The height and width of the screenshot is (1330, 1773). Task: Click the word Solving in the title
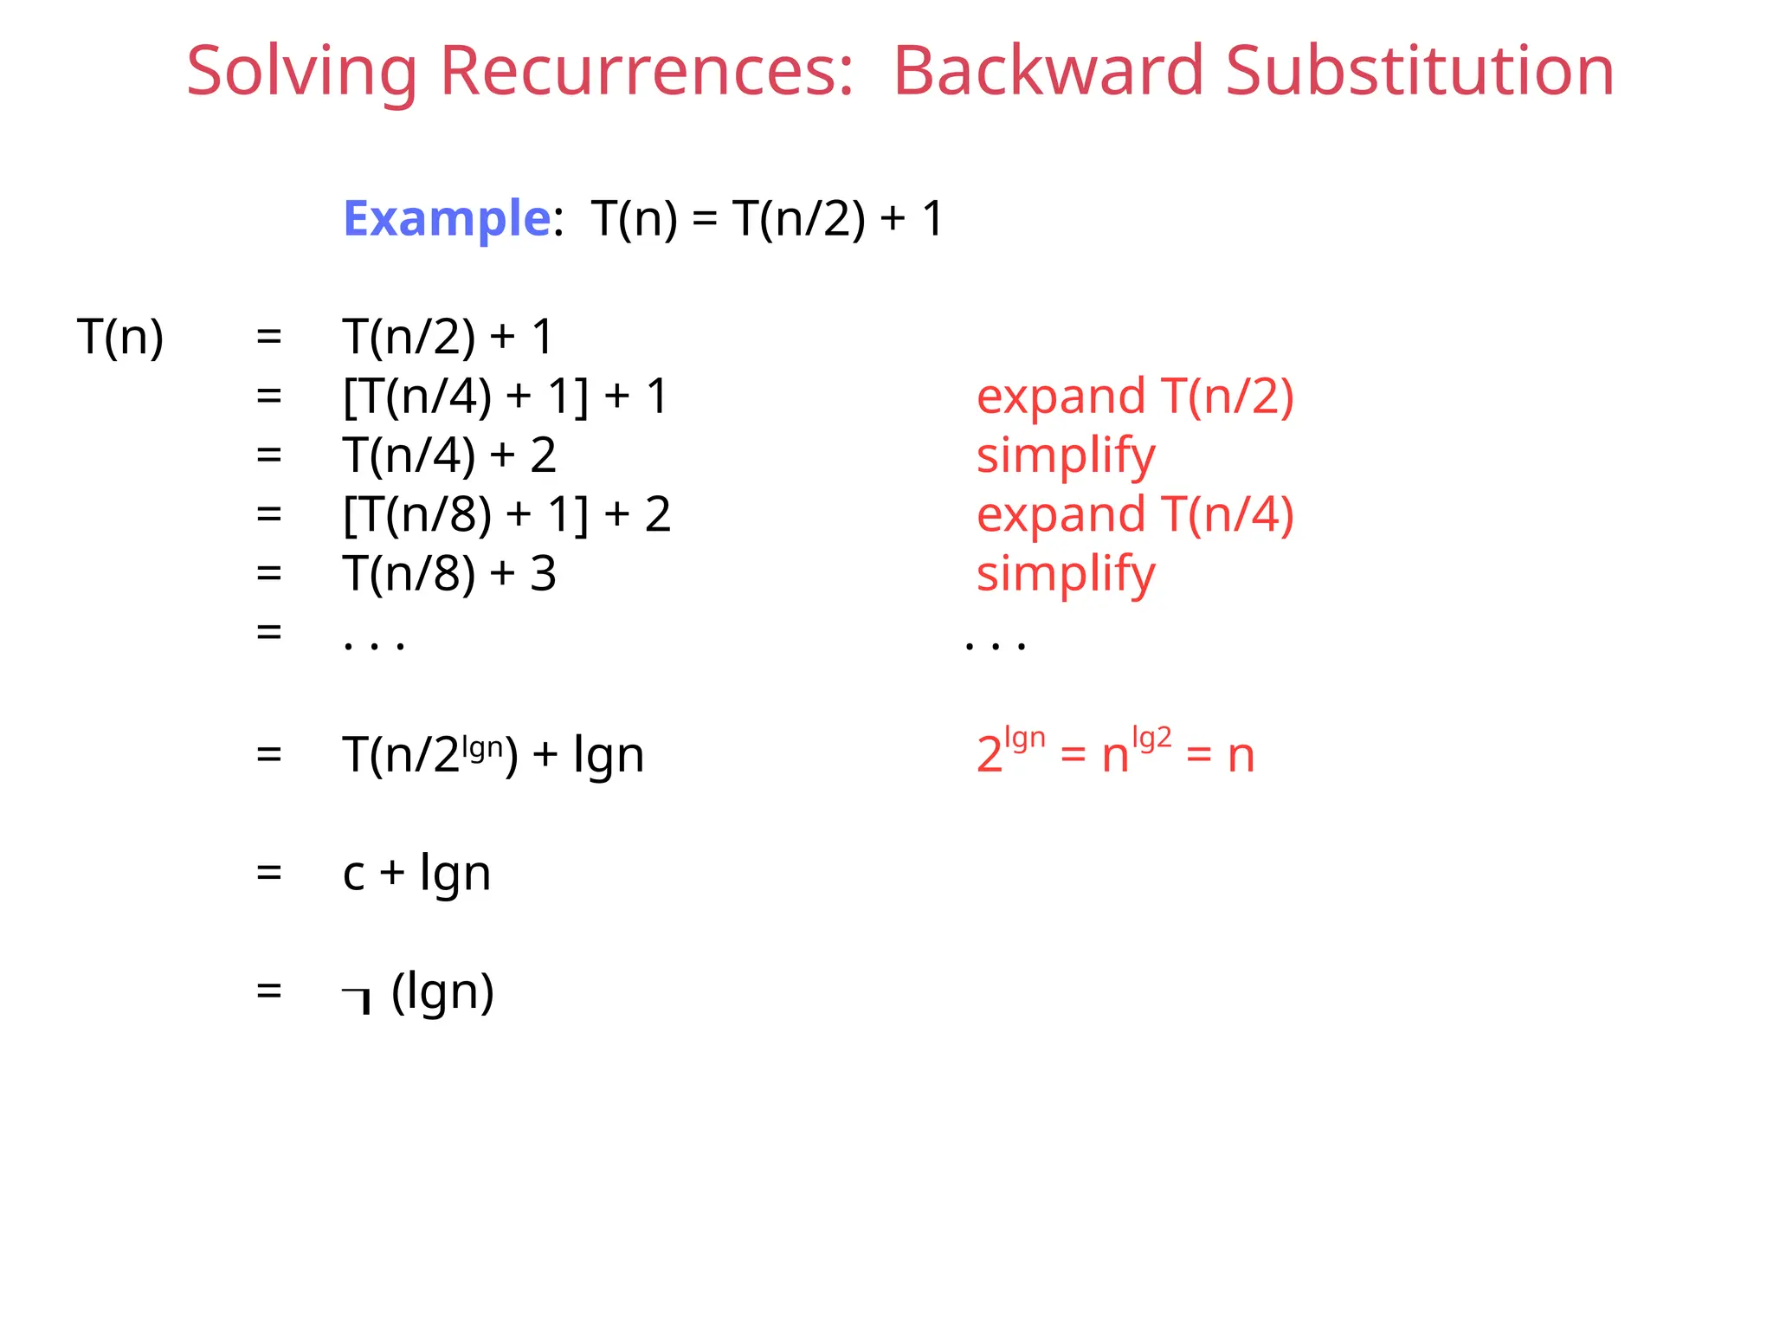[x=302, y=71]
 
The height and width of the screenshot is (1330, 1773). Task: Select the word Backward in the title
[x=1048, y=71]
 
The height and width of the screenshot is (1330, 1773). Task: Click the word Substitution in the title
[x=1420, y=71]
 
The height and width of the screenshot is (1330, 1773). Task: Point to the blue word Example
[x=447, y=218]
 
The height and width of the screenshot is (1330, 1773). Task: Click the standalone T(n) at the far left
[x=120, y=337]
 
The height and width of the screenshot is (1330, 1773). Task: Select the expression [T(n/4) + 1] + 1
[x=506, y=397]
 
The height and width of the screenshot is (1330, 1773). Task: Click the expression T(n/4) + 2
[x=449, y=455]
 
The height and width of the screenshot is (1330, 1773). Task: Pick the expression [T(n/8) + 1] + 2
[x=506, y=514]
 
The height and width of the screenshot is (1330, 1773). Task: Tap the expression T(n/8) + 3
[x=449, y=573]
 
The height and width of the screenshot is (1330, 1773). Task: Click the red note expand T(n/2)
[x=1135, y=397]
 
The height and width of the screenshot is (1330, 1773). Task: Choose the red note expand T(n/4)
[x=1135, y=514]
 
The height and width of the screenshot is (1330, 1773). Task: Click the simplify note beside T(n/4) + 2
[x=1066, y=455]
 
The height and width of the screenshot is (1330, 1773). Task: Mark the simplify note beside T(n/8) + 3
[x=1066, y=573]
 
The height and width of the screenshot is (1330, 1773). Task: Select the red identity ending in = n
[x=1115, y=753]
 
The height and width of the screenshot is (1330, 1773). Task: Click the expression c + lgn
[x=416, y=873]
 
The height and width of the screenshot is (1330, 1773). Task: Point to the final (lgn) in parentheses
[x=442, y=991]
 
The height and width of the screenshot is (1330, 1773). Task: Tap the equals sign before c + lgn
[x=269, y=873]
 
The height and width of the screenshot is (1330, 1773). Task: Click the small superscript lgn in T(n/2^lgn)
[x=482, y=746]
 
